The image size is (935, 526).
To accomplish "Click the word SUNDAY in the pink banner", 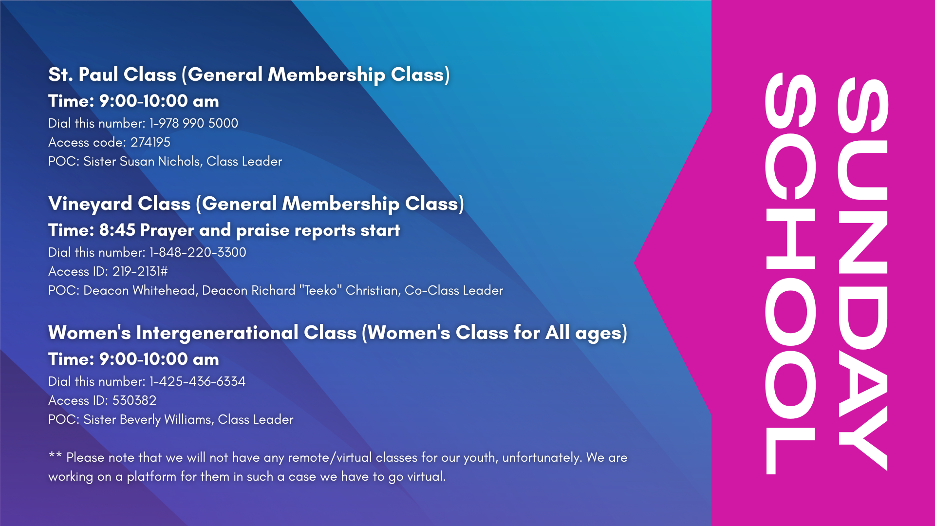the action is tap(863, 274).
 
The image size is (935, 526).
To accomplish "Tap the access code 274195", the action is tap(150, 142).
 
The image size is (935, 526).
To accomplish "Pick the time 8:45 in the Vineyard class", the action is tap(117, 230).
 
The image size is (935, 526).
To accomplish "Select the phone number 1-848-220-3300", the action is tap(198, 252).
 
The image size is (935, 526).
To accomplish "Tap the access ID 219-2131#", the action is tap(140, 271).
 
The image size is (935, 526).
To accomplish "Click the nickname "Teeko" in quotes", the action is tap(320, 290).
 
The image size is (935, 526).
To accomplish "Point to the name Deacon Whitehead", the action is tap(140, 290).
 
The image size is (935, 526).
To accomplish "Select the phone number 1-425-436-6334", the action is tap(197, 381).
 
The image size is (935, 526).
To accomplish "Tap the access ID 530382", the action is tap(134, 400).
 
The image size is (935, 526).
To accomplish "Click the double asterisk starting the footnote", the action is tap(55, 455).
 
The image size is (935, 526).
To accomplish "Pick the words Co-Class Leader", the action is tap(454, 290).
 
